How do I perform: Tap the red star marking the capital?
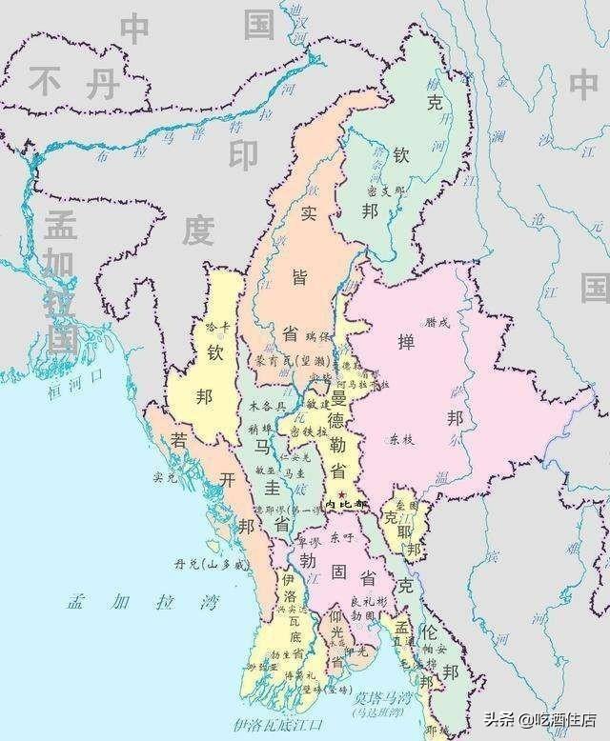[x=340, y=491]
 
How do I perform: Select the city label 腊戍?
[x=446, y=323]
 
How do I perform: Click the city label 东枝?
[x=402, y=440]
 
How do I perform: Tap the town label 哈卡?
[x=218, y=326]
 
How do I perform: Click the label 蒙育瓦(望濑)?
[x=284, y=361]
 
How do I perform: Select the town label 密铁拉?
[x=320, y=431]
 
